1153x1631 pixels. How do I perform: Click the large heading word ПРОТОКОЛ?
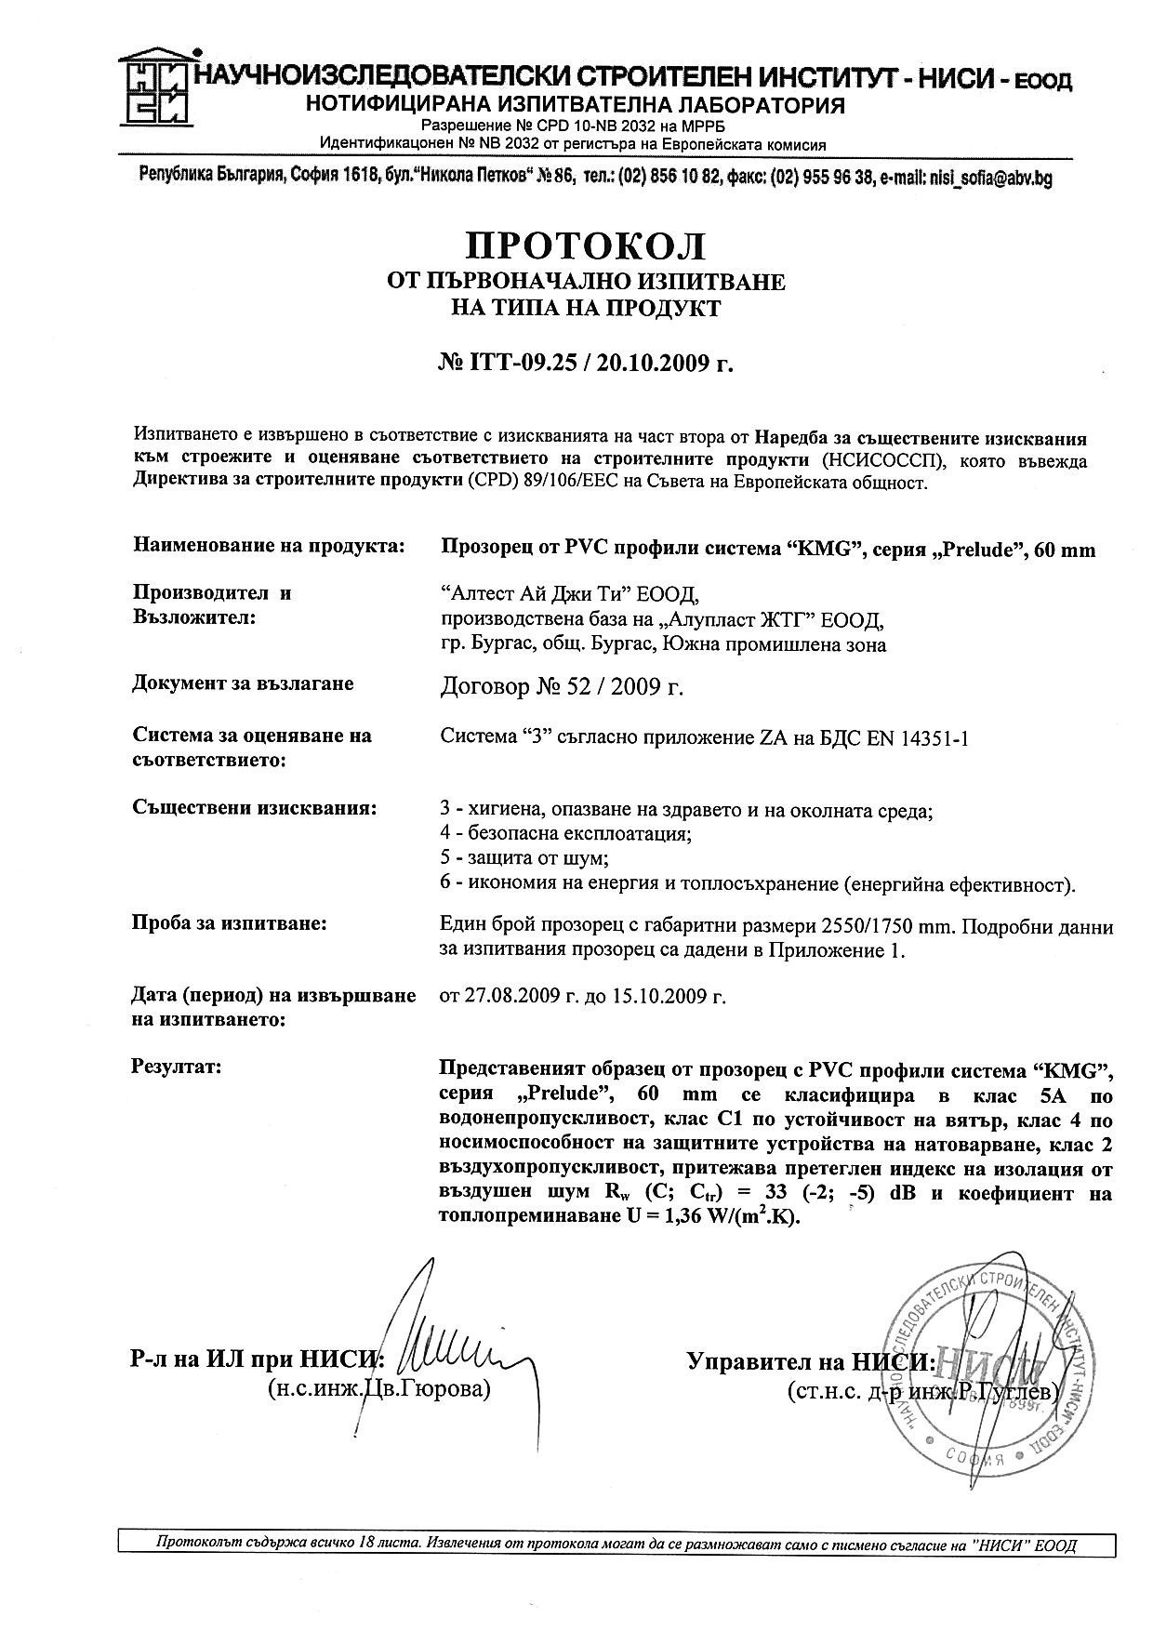pos(586,245)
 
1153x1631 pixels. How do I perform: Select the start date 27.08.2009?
pos(510,997)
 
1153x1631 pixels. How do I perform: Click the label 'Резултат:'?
pos(178,1066)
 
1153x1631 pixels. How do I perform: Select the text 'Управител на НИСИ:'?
pos(810,1362)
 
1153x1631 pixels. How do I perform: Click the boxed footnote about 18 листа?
pos(616,1545)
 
